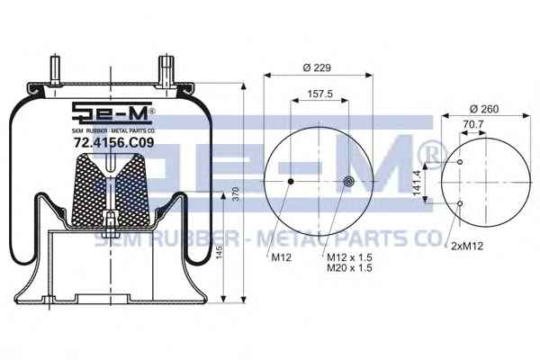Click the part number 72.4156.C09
(x=114, y=142)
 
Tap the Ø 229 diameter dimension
(x=317, y=67)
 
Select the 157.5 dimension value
(x=319, y=94)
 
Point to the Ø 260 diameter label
(x=484, y=109)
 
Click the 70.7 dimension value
(x=473, y=124)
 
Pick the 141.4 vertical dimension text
(x=418, y=183)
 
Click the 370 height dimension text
(x=236, y=194)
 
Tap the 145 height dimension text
(x=220, y=252)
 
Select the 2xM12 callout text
(x=467, y=246)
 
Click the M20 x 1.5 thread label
(x=349, y=267)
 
